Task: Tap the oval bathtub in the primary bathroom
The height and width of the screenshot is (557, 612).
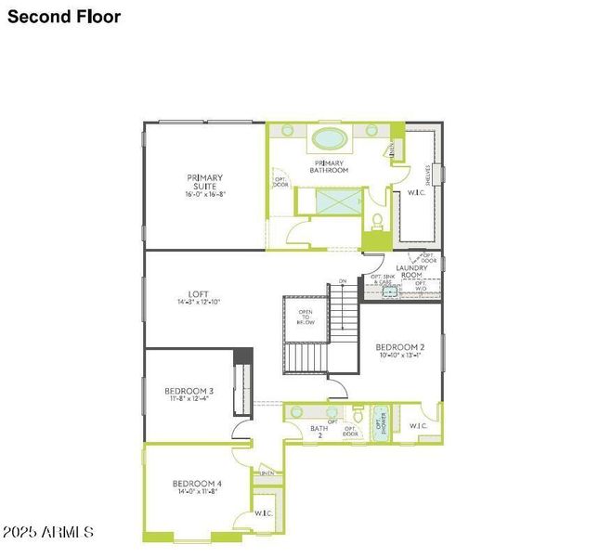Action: [x=329, y=139]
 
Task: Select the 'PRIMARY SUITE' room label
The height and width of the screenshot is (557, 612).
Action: [x=204, y=186]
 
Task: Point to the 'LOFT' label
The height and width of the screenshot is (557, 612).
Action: [x=199, y=298]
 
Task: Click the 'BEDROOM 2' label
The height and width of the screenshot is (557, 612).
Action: [x=401, y=349]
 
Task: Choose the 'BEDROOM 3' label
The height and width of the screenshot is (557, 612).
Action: [x=189, y=394]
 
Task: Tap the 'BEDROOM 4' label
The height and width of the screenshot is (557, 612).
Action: [x=196, y=486]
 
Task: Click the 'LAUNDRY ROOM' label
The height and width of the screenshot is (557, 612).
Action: [x=411, y=272]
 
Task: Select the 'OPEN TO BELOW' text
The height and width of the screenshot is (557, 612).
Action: [x=306, y=317]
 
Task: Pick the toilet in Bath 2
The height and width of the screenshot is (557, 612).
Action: [x=358, y=415]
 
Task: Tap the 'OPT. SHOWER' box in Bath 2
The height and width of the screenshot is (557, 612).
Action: [x=380, y=422]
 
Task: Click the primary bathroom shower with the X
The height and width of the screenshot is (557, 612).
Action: [x=332, y=201]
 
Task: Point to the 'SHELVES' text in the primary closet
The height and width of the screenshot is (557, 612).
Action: [x=428, y=174]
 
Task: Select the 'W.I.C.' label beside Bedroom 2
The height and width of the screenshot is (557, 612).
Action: [x=418, y=426]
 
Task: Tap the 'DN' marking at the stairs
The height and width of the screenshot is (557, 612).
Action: [x=343, y=281]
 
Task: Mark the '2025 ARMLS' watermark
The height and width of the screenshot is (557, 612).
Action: [x=47, y=532]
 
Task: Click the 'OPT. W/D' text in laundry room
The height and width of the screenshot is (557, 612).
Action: [x=421, y=287]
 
